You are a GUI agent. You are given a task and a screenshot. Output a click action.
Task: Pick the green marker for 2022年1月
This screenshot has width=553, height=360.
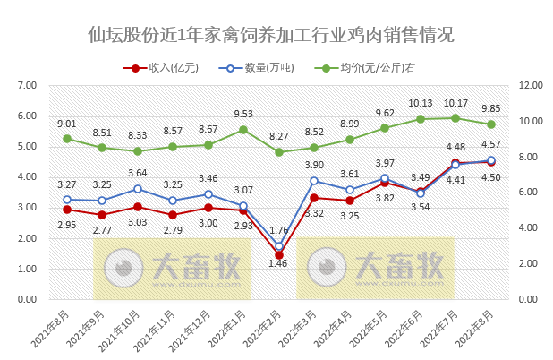243,130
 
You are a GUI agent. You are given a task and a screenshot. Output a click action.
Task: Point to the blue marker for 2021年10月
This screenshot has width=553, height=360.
138,189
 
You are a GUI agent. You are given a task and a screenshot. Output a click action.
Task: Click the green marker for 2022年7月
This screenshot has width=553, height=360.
455,118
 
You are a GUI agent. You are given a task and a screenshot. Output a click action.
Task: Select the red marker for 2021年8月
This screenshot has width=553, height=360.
67,210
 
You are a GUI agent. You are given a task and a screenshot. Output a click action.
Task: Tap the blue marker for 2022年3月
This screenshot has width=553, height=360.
314,181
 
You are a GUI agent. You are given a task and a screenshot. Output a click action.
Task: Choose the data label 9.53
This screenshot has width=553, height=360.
243,114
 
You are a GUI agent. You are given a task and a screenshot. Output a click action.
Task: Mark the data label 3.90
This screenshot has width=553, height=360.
314,165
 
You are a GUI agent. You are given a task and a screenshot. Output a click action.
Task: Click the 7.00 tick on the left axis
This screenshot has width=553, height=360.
26,85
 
